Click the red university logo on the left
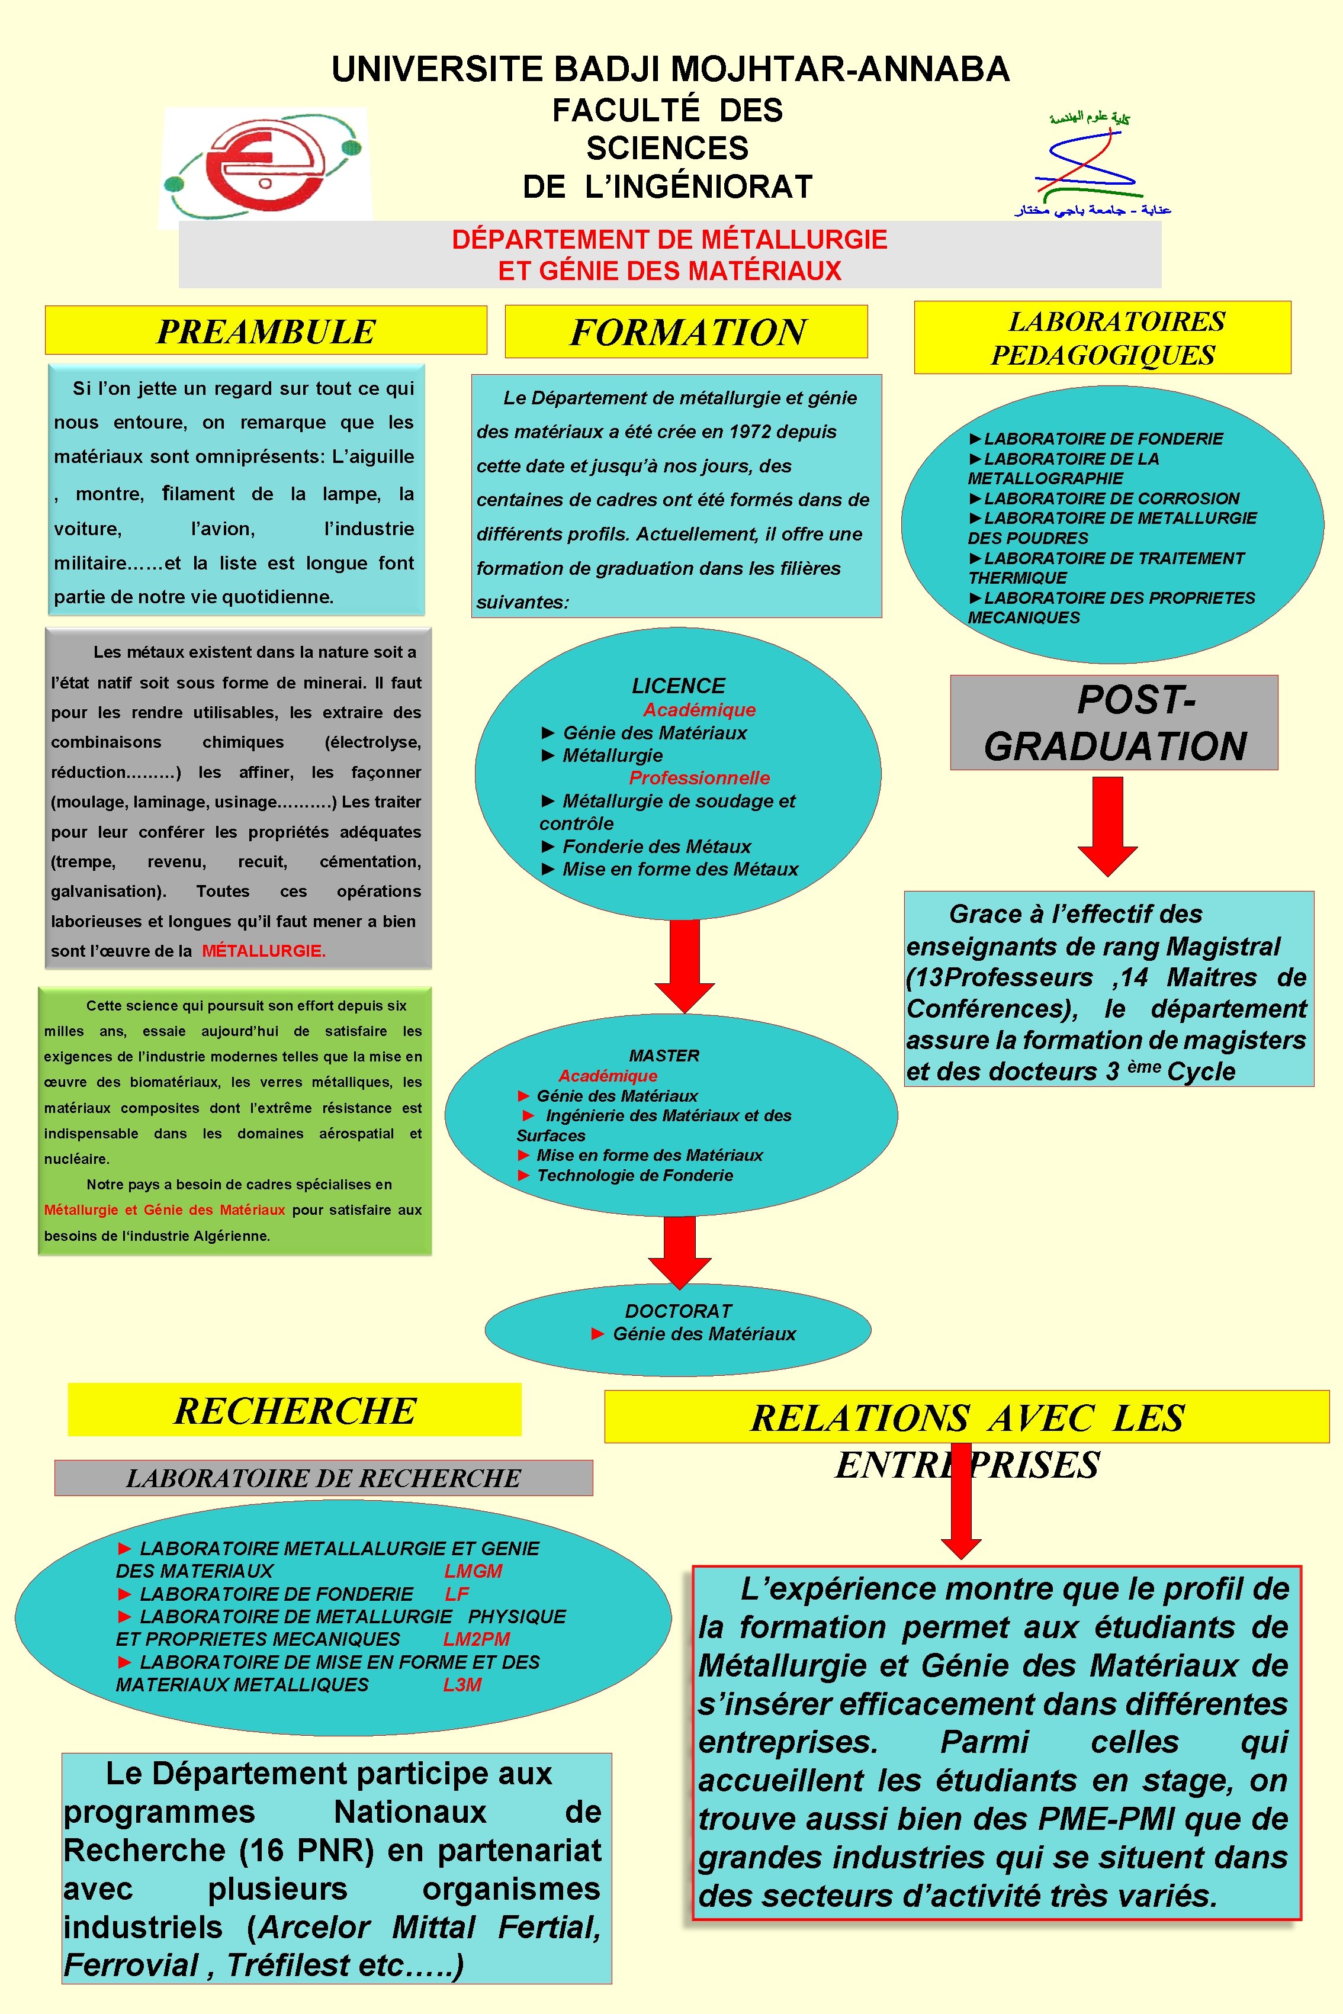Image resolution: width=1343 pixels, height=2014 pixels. click(265, 166)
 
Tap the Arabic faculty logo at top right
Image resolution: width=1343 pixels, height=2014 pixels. click(1091, 163)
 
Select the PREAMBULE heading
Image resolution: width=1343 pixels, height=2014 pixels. click(265, 332)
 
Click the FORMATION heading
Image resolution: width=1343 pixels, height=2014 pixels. click(687, 332)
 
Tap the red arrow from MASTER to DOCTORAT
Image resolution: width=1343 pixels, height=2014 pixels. click(680, 1251)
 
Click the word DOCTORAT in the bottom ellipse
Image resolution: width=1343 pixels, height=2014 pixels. click(679, 1311)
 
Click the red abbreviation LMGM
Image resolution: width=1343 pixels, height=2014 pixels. click(473, 1571)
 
